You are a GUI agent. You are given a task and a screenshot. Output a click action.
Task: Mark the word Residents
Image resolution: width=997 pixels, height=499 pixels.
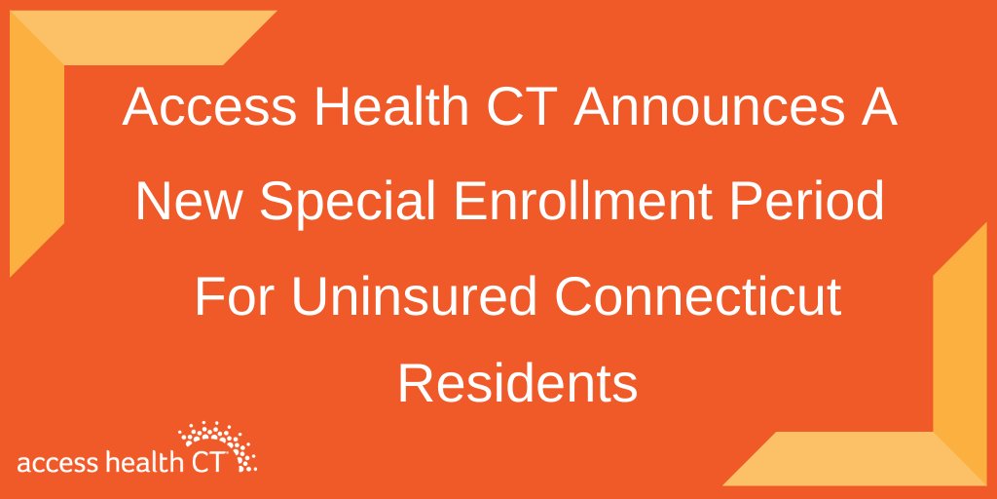[x=517, y=384]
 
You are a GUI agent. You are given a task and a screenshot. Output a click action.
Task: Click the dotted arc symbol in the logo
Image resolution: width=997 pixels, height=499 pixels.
[x=217, y=436]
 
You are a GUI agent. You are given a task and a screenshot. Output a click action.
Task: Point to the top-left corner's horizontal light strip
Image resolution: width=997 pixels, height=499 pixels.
[x=146, y=37]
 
